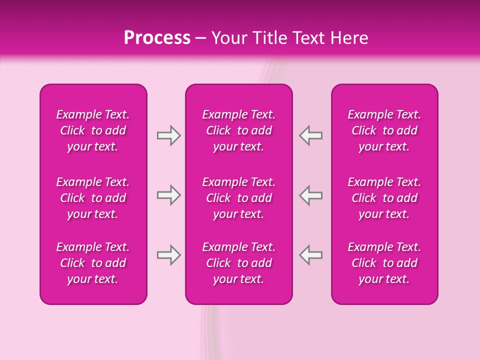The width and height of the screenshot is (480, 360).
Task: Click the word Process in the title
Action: click(157, 38)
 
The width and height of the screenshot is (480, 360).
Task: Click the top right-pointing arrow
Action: click(168, 135)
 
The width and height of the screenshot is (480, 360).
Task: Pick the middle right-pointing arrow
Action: click(168, 195)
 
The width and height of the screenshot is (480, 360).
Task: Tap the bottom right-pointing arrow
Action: click(168, 255)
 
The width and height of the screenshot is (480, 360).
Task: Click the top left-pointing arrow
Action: click(311, 135)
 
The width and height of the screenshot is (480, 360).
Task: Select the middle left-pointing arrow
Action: click(311, 195)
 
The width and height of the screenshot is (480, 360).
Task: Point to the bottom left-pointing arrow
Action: click(311, 255)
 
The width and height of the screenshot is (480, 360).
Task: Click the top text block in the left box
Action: click(93, 130)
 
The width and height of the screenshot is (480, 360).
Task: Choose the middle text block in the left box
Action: click(93, 198)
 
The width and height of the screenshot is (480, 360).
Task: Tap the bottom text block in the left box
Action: click(93, 263)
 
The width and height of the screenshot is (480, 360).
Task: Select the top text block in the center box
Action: click(239, 130)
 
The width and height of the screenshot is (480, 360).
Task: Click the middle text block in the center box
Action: click(239, 198)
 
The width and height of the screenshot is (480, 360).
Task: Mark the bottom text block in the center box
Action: click(239, 263)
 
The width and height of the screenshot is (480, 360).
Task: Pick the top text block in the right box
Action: click(384, 130)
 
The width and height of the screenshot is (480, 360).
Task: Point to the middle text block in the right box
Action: click(384, 198)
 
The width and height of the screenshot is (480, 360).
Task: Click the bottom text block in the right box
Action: click(384, 263)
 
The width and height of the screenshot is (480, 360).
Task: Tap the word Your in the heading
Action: click(227, 38)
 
